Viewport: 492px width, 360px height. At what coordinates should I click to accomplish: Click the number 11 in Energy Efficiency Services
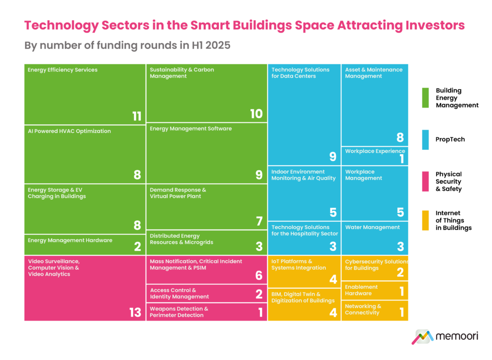click(137, 116)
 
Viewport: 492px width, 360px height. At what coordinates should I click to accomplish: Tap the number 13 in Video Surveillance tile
click(135, 312)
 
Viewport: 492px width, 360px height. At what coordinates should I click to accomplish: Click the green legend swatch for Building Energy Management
click(426, 98)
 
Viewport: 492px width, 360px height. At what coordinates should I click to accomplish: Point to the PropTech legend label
click(450, 140)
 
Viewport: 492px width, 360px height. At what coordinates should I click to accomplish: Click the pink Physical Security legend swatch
click(426, 181)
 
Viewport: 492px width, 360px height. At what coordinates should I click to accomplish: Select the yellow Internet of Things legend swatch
click(426, 220)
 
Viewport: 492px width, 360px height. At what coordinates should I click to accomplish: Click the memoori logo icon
click(422, 337)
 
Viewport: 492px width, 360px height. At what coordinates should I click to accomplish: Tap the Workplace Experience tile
click(375, 156)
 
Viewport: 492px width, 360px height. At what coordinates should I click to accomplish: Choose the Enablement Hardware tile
click(375, 290)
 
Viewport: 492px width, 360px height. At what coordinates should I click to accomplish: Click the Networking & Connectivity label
click(363, 310)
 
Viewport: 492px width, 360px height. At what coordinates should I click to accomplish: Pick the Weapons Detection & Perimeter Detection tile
click(207, 312)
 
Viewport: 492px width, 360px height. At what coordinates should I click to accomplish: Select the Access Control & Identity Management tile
click(207, 293)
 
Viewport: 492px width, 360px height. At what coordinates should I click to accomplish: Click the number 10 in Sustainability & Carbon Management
click(257, 114)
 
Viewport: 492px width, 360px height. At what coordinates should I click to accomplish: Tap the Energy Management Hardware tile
click(85, 245)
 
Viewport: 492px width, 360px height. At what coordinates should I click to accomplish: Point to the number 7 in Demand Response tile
click(259, 221)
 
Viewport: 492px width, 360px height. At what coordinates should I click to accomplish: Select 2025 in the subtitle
click(218, 46)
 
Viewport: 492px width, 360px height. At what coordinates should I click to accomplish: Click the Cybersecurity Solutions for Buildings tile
click(375, 268)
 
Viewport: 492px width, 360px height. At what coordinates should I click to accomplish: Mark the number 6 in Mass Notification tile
click(259, 276)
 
